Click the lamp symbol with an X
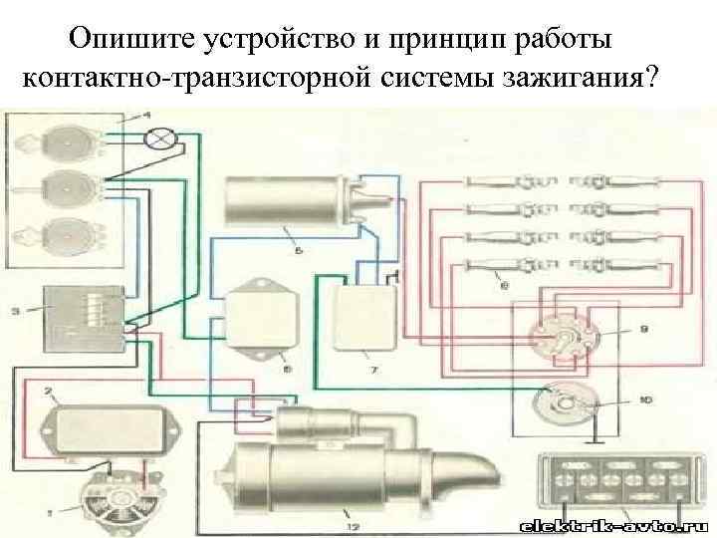click(158, 139)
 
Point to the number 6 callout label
click(504, 286)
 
